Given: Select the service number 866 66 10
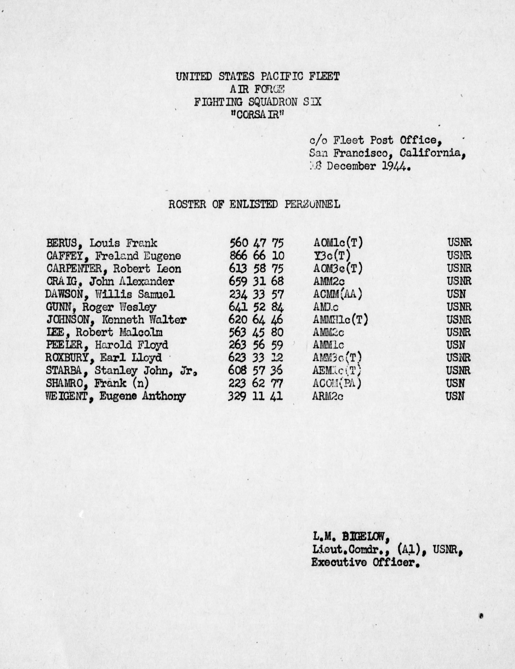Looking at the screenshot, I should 256,256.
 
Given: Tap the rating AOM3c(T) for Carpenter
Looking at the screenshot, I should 338,269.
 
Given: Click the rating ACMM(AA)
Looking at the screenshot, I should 338,294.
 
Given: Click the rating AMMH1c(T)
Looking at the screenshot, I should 340,320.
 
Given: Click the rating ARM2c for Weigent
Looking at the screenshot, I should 328,397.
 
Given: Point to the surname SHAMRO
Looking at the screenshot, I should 65,384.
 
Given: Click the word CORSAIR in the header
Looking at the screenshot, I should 257,114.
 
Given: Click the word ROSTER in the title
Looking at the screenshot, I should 187,204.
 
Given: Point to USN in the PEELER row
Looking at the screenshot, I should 456,345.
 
